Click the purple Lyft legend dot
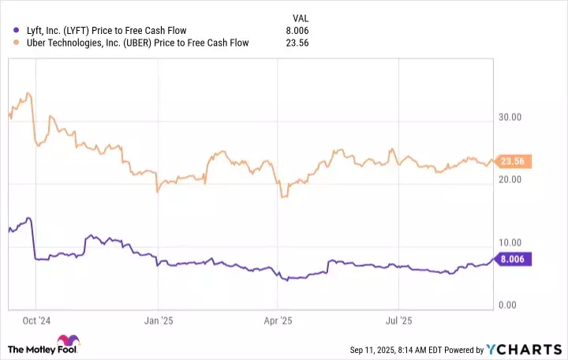8,31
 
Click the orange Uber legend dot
8,43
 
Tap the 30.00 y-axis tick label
510,117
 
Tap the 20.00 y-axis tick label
510,180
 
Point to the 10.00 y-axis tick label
510,243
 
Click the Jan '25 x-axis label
159,321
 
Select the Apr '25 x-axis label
279,321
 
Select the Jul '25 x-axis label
398,321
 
